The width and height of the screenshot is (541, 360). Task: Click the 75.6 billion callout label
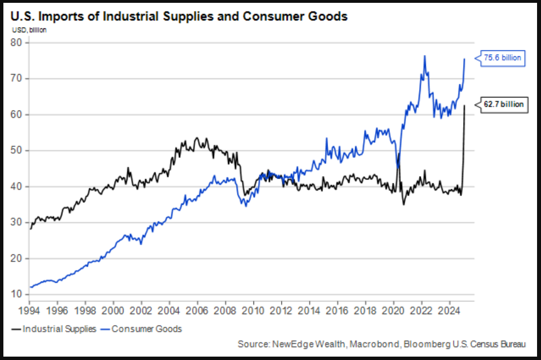[x=503, y=58]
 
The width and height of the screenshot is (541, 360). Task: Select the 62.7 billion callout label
[x=504, y=104]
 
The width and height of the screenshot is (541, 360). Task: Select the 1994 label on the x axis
[x=29, y=310]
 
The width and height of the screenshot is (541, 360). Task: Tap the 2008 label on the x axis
[x=224, y=310]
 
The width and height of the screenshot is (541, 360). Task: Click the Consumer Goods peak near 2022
[x=424, y=56]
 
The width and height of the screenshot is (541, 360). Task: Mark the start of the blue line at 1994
[x=30, y=287]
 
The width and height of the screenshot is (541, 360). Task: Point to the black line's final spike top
[x=464, y=105]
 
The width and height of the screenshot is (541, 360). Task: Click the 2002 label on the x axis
[x=141, y=310]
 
